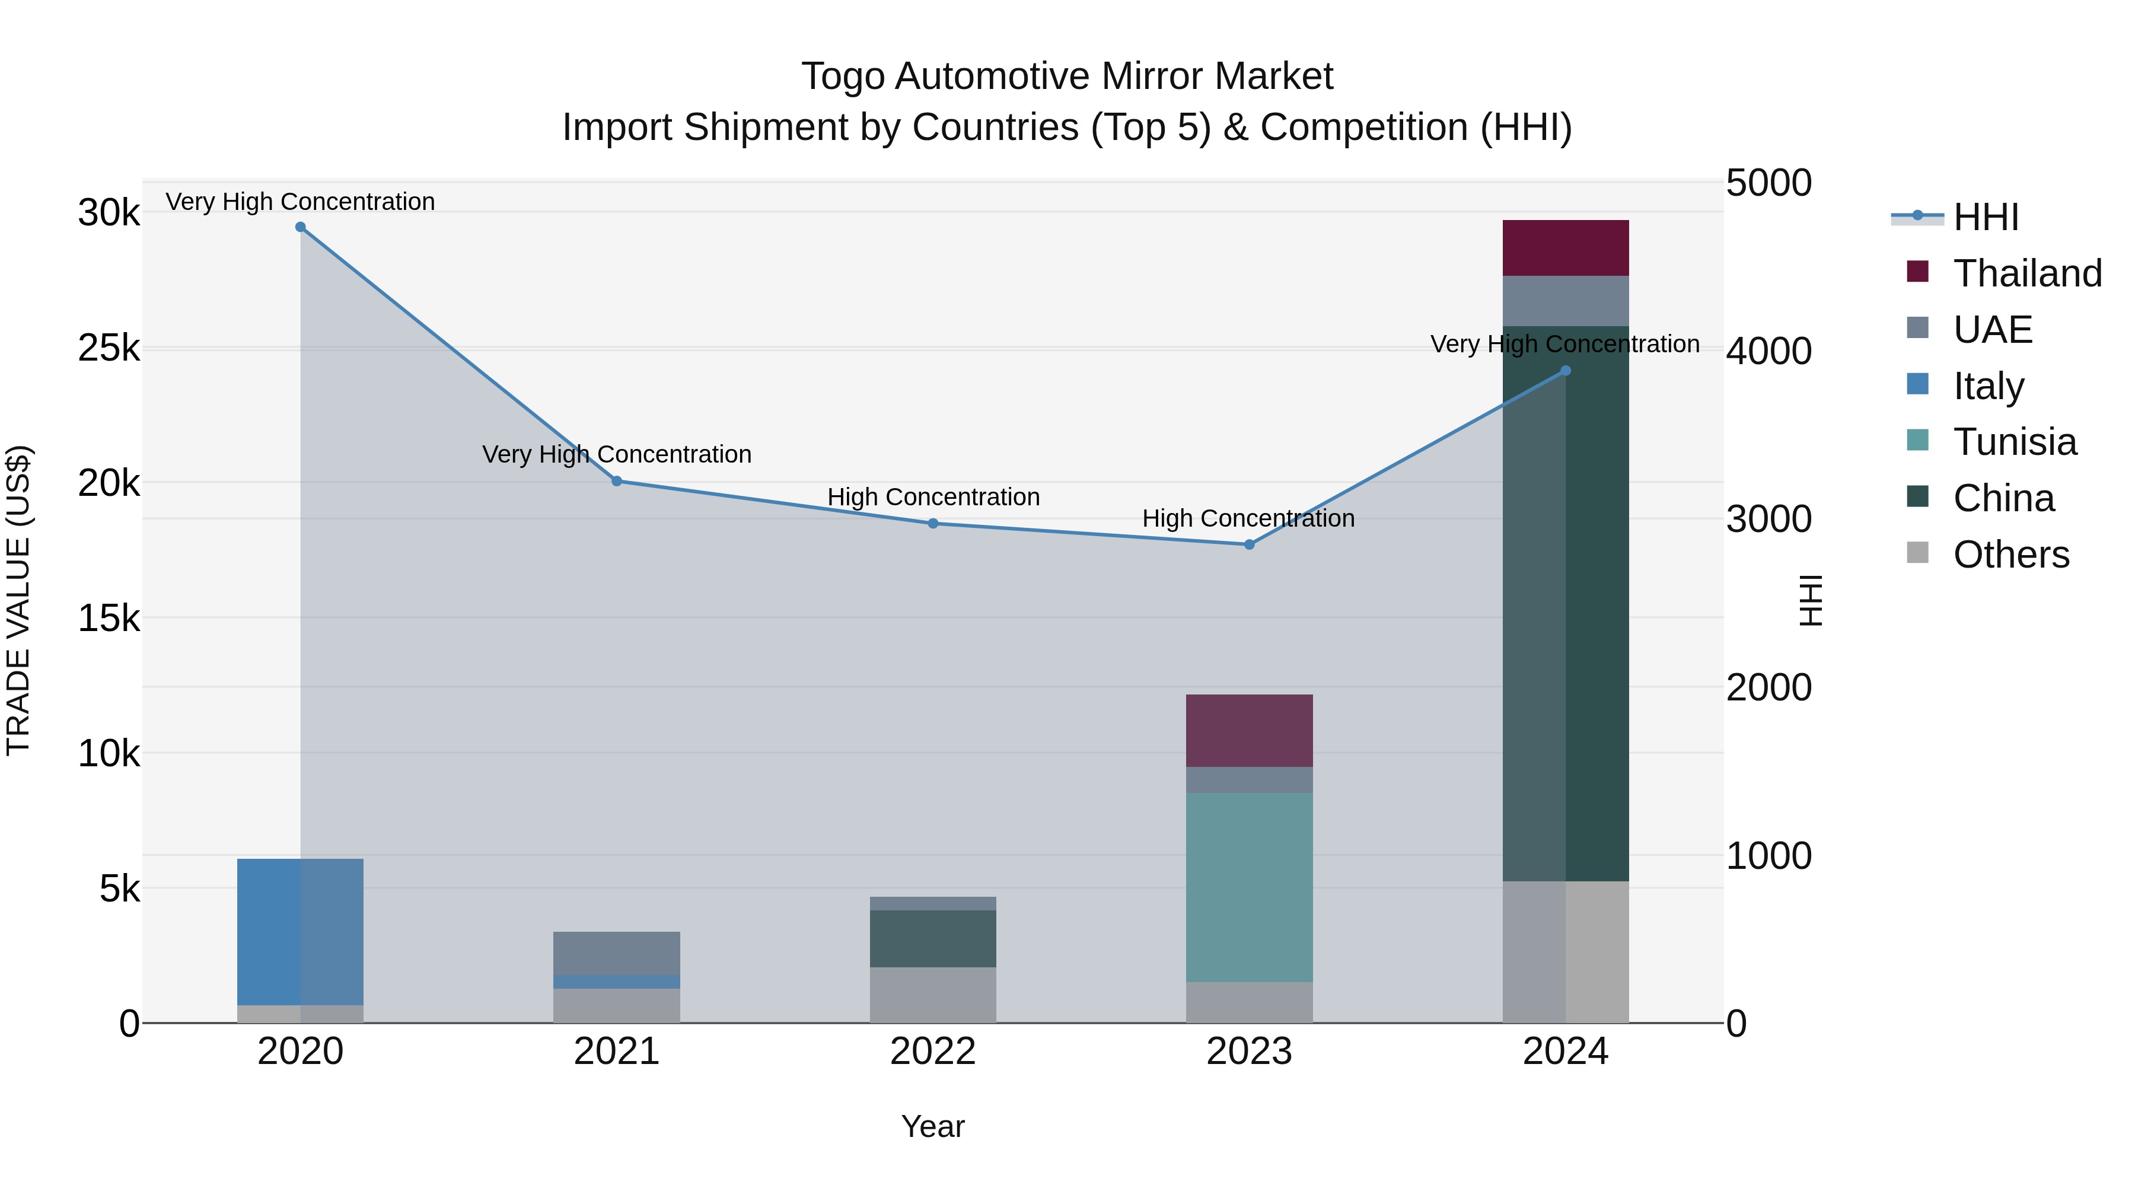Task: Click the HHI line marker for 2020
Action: coord(300,227)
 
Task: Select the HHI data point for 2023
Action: coord(1249,544)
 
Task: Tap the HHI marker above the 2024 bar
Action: coord(1565,371)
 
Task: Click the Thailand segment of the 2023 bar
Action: coord(1249,730)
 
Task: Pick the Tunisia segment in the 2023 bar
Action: coord(1249,887)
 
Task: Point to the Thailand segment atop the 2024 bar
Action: coord(1565,248)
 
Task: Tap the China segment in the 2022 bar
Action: coord(932,938)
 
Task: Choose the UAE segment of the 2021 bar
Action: coord(617,952)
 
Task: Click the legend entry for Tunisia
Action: coord(2014,442)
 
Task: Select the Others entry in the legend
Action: coord(2010,555)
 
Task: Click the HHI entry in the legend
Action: coord(1985,217)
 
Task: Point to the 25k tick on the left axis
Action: coord(109,348)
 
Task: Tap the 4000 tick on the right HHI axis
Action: coord(1768,351)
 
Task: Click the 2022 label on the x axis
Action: coord(932,1052)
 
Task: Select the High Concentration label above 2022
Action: coord(932,498)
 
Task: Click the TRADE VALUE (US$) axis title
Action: coord(18,600)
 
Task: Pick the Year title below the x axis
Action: coord(932,1126)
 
